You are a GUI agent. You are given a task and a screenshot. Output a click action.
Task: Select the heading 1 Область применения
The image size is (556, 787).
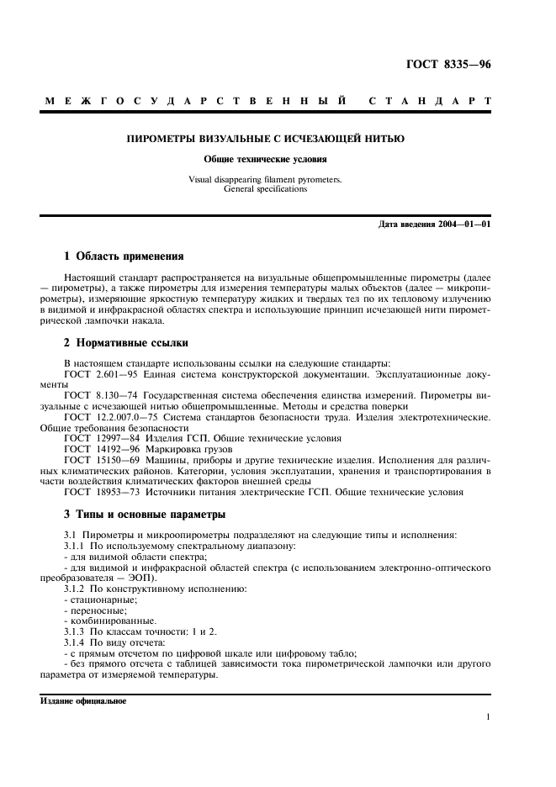coord(124,256)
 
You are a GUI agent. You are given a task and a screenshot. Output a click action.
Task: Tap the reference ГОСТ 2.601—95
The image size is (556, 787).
coord(97,373)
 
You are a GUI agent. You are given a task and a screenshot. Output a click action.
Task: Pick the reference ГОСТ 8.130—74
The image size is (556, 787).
coord(97,394)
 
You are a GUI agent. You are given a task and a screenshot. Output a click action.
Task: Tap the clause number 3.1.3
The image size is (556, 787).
coord(77,631)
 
